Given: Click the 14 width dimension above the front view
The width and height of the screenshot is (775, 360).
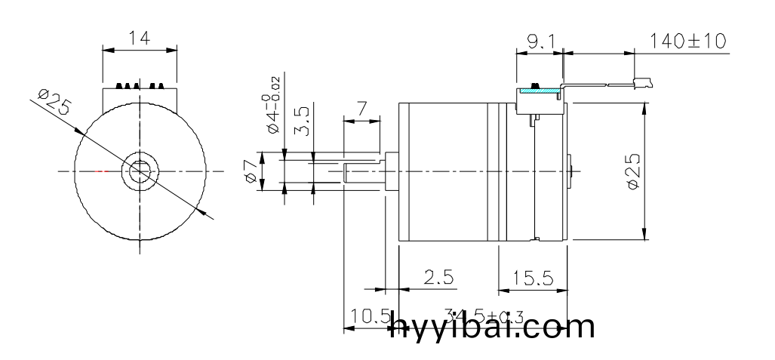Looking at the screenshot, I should [140, 38].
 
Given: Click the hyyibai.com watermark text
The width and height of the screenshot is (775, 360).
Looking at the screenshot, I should [491, 328].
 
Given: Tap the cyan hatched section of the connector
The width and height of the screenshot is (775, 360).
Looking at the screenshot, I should [540, 91].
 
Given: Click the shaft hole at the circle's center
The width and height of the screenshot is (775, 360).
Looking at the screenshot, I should [140, 171].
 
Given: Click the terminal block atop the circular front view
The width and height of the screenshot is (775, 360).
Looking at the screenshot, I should [140, 95].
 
